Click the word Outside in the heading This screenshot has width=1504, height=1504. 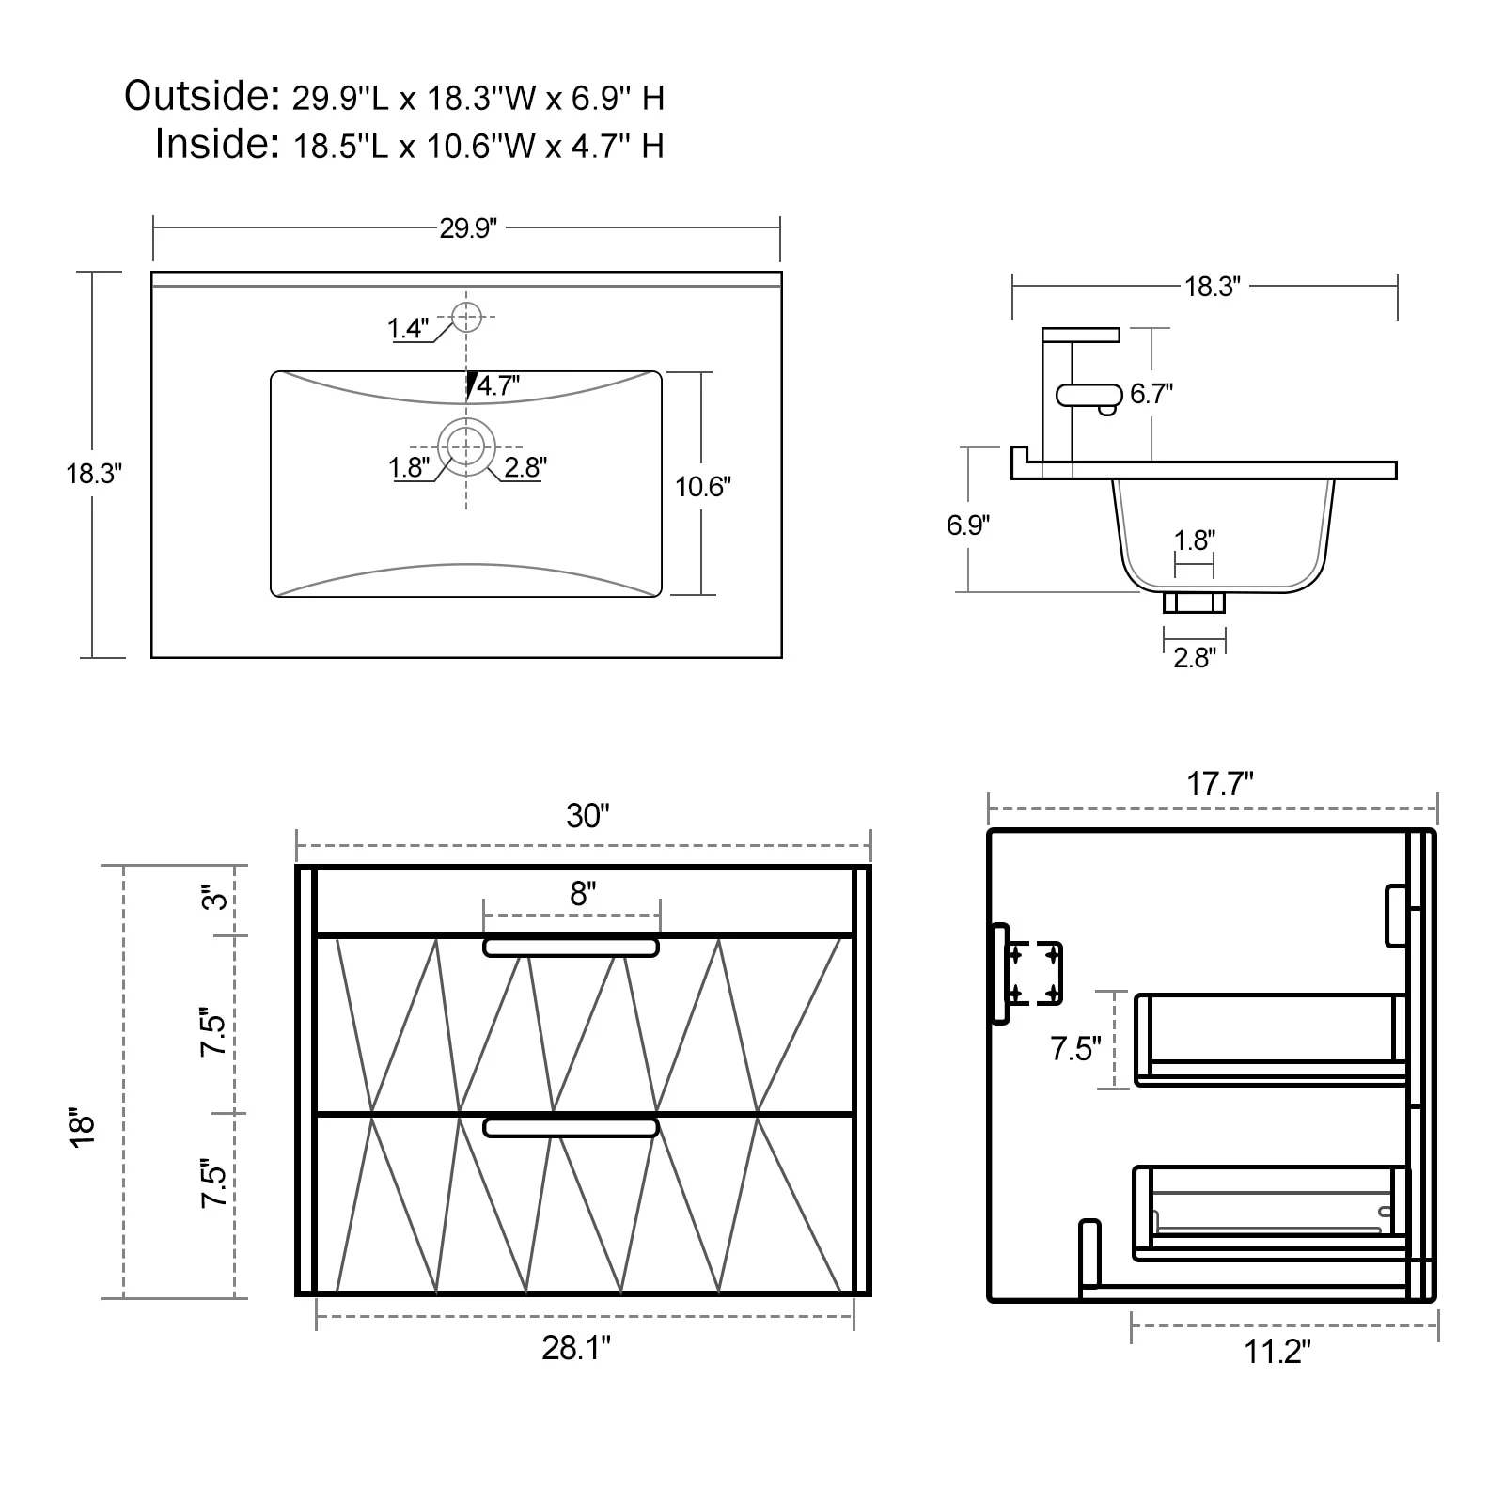200,96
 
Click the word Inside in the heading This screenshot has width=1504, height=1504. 216,144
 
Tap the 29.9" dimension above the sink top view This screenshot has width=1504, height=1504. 468,228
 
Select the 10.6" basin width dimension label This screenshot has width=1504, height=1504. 702,486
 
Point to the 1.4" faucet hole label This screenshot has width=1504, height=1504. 408,328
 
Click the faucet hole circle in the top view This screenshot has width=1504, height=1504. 466,317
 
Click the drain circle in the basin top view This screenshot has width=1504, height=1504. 466,446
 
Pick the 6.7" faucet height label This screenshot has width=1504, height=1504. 1151,393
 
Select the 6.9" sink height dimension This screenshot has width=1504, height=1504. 967,525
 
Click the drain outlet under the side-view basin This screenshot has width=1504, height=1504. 1194,603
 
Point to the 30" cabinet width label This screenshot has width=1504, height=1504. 587,815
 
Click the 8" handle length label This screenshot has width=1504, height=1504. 583,893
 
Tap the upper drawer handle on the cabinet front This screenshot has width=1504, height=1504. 571,948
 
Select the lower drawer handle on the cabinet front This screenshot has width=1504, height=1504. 571,1127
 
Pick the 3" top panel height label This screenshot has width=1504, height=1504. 216,900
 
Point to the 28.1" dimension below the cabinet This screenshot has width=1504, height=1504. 575,1348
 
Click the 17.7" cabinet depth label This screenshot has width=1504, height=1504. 1219,783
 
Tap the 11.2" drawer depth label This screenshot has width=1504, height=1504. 1277,1352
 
